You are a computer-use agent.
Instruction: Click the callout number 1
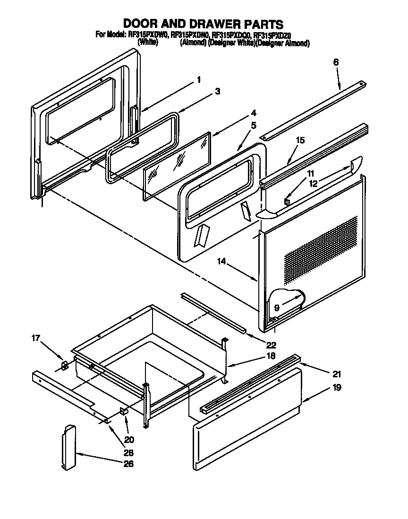[199, 80]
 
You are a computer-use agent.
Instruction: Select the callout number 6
[336, 62]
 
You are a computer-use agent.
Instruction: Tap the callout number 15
[300, 140]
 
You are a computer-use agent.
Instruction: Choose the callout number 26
[128, 464]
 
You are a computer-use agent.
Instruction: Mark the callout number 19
[336, 388]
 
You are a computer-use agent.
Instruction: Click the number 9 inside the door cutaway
[277, 307]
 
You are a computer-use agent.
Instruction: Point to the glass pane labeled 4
[176, 165]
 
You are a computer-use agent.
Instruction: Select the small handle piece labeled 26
[69, 447]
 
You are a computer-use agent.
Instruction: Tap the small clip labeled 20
[125, 411]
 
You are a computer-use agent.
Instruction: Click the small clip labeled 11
[286, 202]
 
